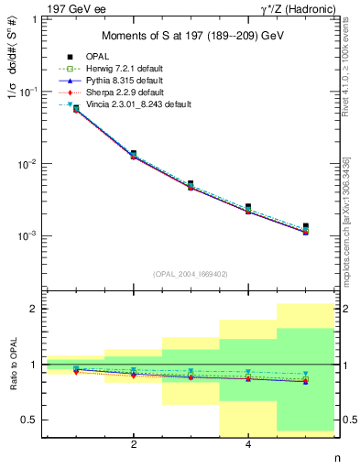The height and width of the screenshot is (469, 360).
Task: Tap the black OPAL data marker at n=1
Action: (x=76, y=108)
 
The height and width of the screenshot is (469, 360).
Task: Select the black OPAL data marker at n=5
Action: (x=306, y=226)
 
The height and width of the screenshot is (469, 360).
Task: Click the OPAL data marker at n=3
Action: (x=191, y=184)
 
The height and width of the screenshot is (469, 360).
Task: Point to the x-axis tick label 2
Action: (x=134, y=446)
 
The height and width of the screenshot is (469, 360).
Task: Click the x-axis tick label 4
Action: (x=248, y=446)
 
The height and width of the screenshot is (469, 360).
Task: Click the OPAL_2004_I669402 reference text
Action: (x=191, y=273)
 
